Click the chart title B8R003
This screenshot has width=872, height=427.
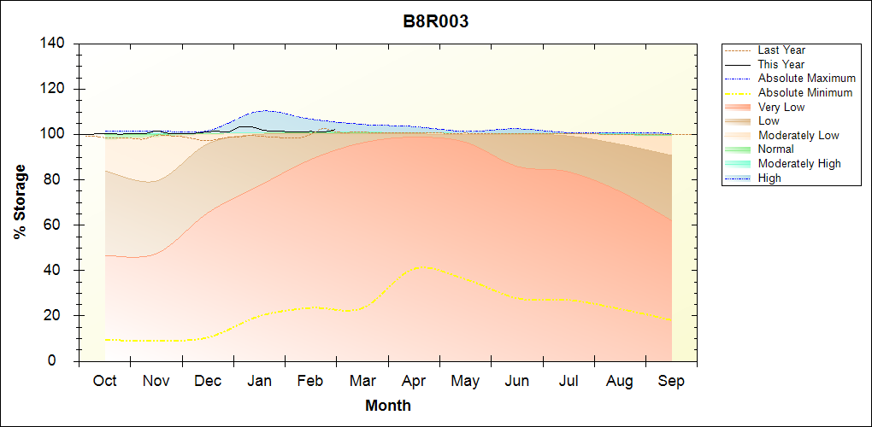click(436, 22)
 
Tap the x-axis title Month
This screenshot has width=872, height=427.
click(388, 406)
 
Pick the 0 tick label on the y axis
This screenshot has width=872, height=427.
click(62, 361)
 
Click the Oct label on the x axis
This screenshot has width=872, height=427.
click(104, 381)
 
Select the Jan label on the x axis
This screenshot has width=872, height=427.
click(259, 381)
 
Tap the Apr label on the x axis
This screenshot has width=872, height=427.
click(414, 381)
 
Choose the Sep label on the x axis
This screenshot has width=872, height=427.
click(671, 381)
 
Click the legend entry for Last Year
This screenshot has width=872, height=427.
click(781, 50)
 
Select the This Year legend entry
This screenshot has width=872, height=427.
click(781, 64)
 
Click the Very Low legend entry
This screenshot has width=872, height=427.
click(781, 107)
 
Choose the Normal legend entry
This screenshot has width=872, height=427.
click(776, 149)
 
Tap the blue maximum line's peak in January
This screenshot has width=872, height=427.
click(266, 110)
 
